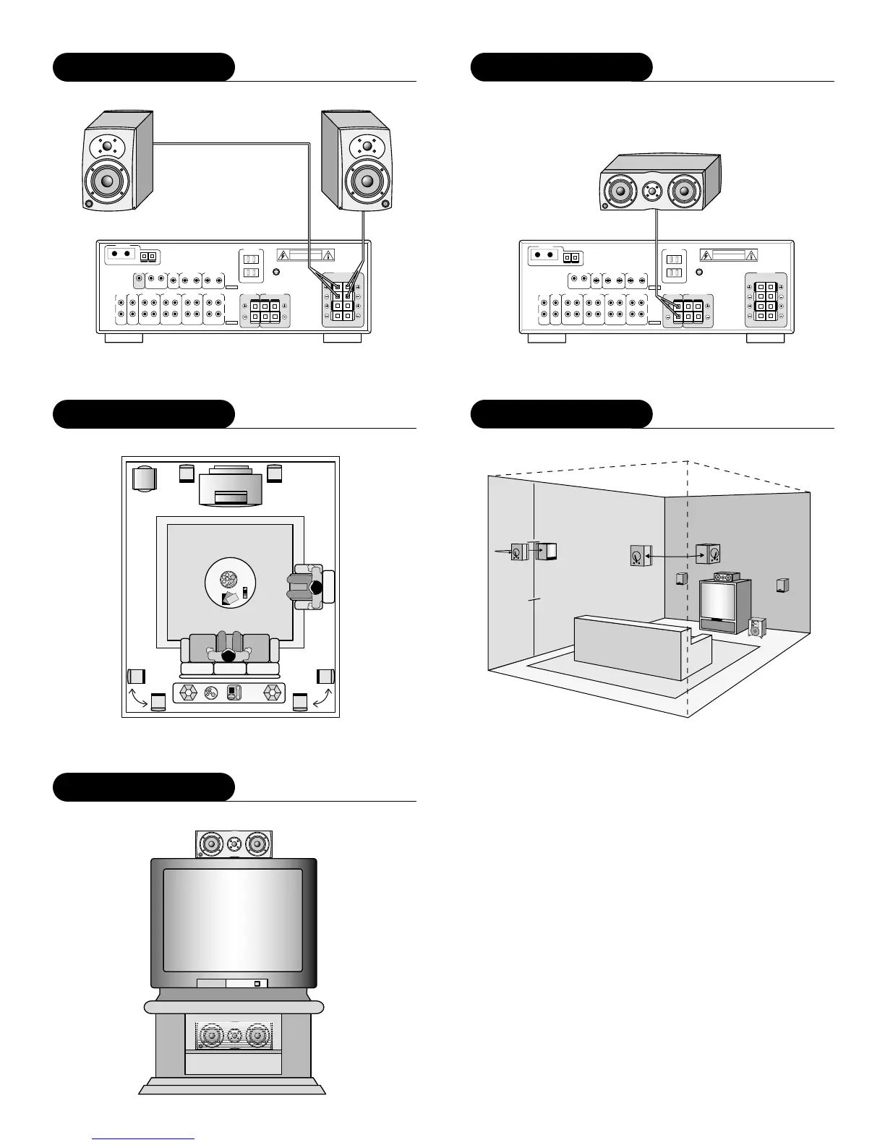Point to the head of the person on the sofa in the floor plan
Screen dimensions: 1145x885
(228, 656)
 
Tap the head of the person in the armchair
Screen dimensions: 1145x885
(316, 588)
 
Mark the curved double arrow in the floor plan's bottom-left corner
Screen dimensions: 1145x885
(137, 699)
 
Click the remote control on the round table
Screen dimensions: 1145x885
(245, 592)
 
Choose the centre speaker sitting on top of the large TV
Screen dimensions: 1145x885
(234, 844)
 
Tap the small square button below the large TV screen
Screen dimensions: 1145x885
(256, 984)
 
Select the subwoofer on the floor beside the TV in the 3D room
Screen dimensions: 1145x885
(756, 626)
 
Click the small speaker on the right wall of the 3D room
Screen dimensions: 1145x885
(782, 585)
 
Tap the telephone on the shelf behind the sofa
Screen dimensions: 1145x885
(232, 692)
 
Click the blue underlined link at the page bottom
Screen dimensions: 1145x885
(144, 1138)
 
